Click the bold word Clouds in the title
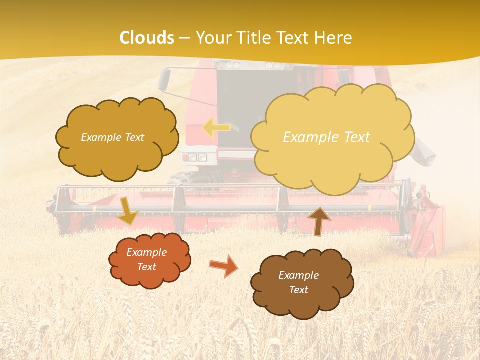tap(147, 38)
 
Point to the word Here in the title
tap(333, 38)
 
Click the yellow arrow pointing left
tap(216, 128)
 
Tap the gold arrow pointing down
tap(127, 211)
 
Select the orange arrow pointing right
tap(224, 265)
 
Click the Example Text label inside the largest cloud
tap(326, 137)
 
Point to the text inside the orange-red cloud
tap(147, 260)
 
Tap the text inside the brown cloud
tap(298, 282)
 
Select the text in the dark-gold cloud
tap(112, 137)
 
